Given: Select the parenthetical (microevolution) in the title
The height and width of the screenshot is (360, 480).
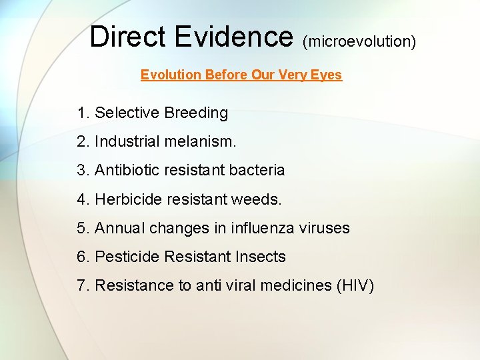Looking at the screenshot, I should click(359, 41).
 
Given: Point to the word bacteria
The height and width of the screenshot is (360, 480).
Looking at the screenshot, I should click(257, 171).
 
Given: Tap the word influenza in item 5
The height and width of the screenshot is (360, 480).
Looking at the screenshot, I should click(264, 228).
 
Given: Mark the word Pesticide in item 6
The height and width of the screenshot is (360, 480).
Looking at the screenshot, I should click(128, 257).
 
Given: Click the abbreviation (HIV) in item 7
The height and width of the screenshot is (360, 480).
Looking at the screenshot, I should click(356, 286).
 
